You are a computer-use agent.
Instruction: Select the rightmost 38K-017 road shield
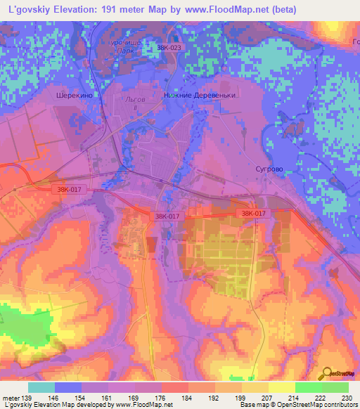(253, 213)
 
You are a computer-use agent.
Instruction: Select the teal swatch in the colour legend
(41, 387)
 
